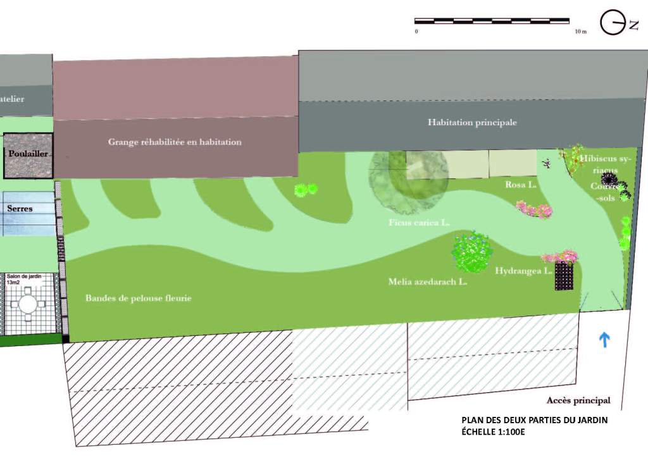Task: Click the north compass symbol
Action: (x=613, y=23)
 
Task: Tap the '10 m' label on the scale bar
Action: (x=580, y=31)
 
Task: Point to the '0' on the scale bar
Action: (x=416, y=31)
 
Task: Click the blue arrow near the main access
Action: (x=604, y=340)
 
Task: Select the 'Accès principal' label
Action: (x=578, y=400)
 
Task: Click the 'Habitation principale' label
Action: (x=472, y=122)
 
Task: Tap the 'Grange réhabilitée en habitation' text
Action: (x=175, y=142)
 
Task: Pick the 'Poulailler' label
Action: (x=28, y=154)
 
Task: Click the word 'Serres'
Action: (x=20, y=207)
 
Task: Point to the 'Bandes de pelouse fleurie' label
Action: (x=138, y=297)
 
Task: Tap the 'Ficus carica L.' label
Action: (x=419, y=223)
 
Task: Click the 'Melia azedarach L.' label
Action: (x=427, y=282)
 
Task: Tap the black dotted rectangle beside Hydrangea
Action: (x=564, y=276)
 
